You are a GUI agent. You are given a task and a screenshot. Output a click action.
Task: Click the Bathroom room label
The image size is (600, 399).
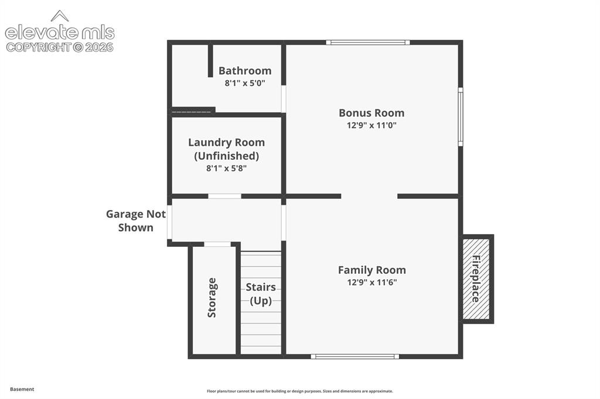[245, 71]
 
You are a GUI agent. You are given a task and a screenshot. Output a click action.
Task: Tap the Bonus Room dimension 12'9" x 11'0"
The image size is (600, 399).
[371, 125]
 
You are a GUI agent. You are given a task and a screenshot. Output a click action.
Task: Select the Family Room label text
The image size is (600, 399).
[372, 270]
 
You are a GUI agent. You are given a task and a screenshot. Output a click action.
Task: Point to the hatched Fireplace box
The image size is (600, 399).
[476, 279]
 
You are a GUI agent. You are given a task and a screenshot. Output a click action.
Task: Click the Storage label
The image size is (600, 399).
[212, 298]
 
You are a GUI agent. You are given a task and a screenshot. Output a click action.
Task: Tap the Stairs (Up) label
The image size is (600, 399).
[261, 294]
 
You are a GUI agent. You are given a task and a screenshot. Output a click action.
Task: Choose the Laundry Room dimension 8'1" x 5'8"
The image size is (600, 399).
[227, 168]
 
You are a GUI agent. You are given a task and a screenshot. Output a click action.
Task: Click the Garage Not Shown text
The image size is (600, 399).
[136, 221]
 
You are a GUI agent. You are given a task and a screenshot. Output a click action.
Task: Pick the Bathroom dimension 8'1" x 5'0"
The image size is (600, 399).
[245, 83]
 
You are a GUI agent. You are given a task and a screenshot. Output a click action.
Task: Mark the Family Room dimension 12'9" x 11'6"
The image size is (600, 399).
[372, 283]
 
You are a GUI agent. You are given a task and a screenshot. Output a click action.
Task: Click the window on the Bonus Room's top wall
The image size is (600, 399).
[368, 43]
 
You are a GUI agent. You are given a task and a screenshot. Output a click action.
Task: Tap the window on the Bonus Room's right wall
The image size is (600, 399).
[461, 116]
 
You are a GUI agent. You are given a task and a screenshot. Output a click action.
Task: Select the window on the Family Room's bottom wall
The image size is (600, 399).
[354, 356]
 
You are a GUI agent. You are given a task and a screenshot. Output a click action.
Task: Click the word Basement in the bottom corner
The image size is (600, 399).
[22, 389]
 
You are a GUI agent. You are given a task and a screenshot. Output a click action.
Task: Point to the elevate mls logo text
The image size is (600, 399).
[60, 33]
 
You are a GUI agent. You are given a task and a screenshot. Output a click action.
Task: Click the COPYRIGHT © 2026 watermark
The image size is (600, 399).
[60, 47]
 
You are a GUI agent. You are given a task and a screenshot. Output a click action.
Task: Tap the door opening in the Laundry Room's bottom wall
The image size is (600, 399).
[224, 197]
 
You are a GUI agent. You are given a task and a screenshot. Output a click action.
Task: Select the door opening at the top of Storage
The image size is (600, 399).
[217, 244]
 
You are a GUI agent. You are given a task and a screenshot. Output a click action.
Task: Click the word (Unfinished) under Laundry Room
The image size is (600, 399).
[227, 156]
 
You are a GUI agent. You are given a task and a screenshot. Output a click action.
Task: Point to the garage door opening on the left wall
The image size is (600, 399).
[169, 222]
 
